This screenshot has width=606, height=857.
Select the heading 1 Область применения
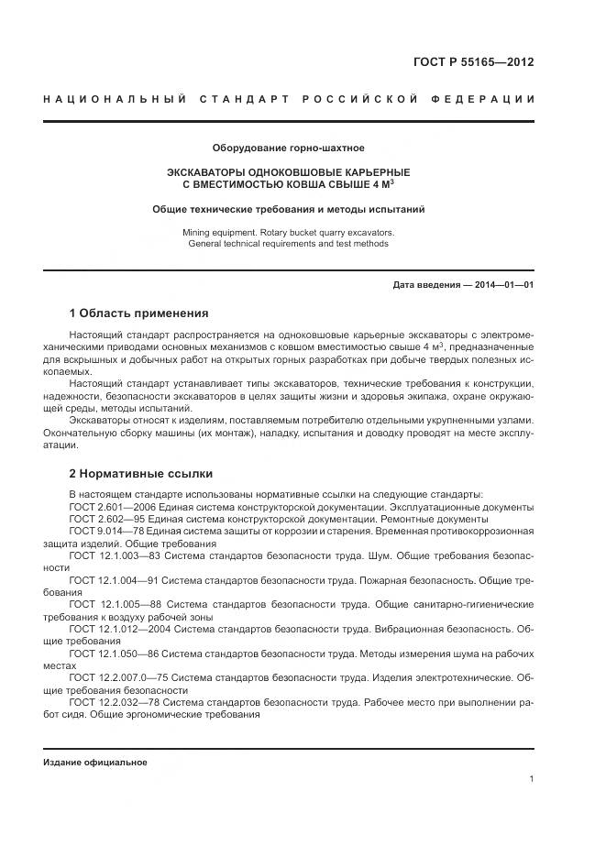[x=139, y=313]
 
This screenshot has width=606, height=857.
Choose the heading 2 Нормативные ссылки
[x=141, y=474]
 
